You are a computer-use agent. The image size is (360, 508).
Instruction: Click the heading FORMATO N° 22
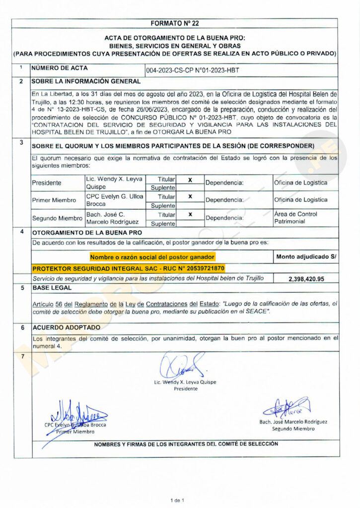[174, 23]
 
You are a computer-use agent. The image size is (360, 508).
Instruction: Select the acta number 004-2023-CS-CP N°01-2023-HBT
[193, 70]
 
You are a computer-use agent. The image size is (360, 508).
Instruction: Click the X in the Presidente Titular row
[190, 180]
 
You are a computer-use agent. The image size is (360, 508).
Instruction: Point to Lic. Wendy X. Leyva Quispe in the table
[107, 183]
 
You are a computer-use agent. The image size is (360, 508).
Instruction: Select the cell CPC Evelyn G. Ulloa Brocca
[107, 200]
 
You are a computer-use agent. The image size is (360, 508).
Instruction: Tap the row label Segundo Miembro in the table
[57, 218]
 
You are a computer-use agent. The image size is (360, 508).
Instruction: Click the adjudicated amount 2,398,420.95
[306, 279]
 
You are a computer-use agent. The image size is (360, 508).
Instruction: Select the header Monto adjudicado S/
[306, 256]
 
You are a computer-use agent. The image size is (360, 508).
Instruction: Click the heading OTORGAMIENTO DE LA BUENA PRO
[87, 232]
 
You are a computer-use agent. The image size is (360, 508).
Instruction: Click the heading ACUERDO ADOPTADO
[66, 327]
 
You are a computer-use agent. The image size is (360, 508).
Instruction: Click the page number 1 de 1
[177, 500]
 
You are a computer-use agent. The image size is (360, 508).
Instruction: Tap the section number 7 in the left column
[21, 357]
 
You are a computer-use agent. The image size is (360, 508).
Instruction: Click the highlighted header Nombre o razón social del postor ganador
[152, 256]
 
